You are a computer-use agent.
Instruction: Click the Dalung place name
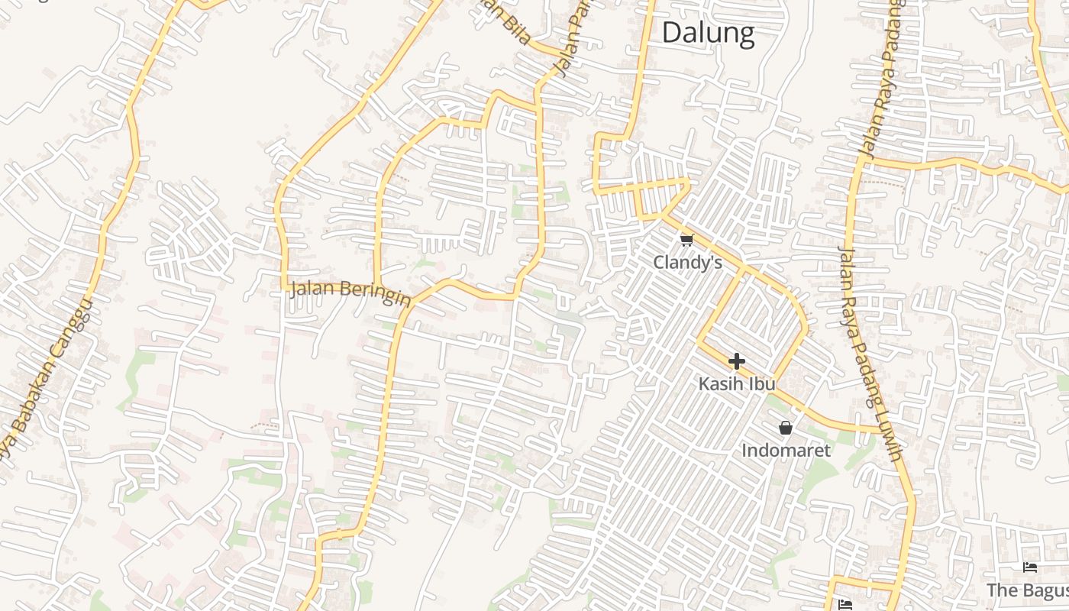click(x=708, y=33)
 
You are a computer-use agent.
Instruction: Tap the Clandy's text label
click(x=687, y=263)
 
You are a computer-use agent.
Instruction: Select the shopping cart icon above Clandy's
click(x=686, y=241)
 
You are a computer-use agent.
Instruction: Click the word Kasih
click(x=722, y=383)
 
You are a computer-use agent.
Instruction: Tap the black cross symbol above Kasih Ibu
click(x=736, y=361)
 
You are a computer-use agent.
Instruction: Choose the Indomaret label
click(x=786, y=451)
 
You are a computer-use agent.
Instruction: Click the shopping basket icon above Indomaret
click(x=785, y=428)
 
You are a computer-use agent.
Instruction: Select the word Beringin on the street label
click(x=376, y=293)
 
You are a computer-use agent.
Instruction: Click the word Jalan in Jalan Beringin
click(x=313, y=289)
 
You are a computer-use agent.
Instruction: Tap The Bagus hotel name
click(x=1028, y=590)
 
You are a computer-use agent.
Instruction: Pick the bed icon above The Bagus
click(x=1030, y=567)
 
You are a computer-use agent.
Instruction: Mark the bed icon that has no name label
click(x=845, y=605)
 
